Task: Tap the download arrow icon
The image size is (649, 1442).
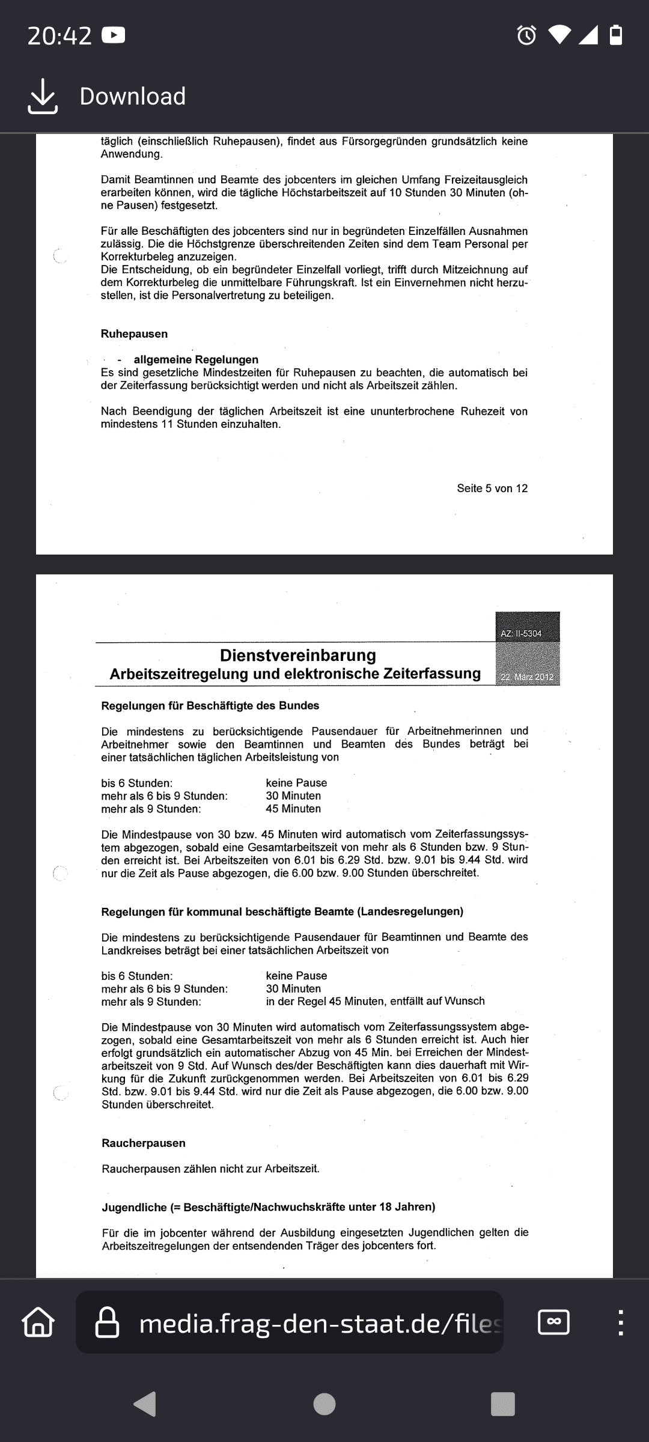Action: point(43,96)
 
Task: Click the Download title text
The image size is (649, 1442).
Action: point(133,96)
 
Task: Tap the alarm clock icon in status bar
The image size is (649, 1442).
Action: point(526,35)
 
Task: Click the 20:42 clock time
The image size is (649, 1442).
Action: point(59,36)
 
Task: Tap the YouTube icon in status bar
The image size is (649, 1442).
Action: point(114,35)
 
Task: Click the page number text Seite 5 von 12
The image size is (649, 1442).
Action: point(492,488)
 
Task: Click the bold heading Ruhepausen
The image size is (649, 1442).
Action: point(134,334)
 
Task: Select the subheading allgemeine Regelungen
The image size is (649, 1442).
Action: point(196,360)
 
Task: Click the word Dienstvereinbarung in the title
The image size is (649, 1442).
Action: point(298,655)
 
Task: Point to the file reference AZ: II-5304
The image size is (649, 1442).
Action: point(521,633)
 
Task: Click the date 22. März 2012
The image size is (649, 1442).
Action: point(527,677)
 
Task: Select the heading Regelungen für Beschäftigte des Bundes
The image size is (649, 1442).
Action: point(210,705)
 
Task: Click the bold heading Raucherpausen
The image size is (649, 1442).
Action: point(144,1143)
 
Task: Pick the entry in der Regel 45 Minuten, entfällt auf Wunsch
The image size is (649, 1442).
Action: point(375,1001)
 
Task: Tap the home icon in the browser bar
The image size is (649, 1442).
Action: point(38,1322)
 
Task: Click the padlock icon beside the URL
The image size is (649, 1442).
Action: point(108,1322)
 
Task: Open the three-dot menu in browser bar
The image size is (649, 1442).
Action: point(621,1322)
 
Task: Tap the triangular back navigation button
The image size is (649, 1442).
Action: point(145,1404)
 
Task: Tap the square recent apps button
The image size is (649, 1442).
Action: point(503,1404)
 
